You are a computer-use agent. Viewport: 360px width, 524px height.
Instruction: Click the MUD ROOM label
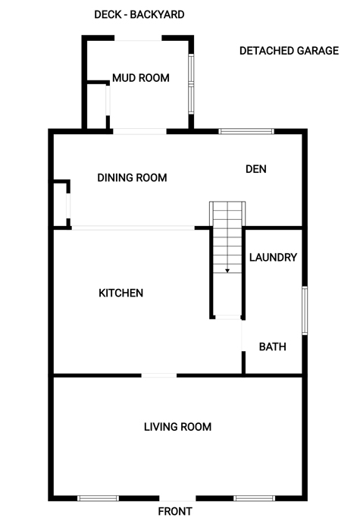(141, 78)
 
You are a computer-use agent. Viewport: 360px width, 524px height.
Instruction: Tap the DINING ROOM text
(132, 177)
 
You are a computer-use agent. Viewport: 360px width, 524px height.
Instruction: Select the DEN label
(256, 169)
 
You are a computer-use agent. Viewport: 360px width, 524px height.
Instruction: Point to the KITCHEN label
(121, 293)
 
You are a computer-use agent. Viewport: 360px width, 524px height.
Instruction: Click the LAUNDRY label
(273, 257)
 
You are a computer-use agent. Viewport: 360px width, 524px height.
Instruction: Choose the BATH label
(273, 347)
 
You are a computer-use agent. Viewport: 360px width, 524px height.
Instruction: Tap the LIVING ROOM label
(177, 427)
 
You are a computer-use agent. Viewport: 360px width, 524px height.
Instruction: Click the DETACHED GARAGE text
(290, 51)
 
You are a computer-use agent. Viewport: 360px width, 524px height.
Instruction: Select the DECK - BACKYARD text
(139, 14)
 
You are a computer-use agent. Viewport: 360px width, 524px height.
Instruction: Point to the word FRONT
(175, 511)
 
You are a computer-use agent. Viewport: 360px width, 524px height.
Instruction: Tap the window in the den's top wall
(246, 131)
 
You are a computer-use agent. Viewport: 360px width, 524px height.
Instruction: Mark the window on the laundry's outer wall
(305, 310)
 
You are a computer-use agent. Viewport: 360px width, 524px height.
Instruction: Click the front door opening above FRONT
(177, 498)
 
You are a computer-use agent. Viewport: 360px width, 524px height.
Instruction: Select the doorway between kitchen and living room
(159, 375)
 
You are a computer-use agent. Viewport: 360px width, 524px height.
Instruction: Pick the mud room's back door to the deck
(138, 38)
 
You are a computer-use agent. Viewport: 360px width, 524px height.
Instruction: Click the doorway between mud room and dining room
(139, 131)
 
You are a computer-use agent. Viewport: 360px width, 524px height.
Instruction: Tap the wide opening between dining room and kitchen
(133, 228)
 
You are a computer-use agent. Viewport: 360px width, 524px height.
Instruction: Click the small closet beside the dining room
(60, 205)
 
